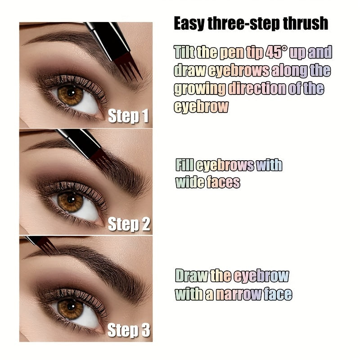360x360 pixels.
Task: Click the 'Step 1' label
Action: (x=128, y=116)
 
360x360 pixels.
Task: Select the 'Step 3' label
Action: (x=129, y=331)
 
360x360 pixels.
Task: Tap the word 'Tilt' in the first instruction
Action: (x=184, y=53)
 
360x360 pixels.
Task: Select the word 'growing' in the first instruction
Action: (x=200, y=88)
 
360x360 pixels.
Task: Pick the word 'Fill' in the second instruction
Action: (x=184, y=165)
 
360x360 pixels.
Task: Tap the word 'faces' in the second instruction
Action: (x=223, y=182)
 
